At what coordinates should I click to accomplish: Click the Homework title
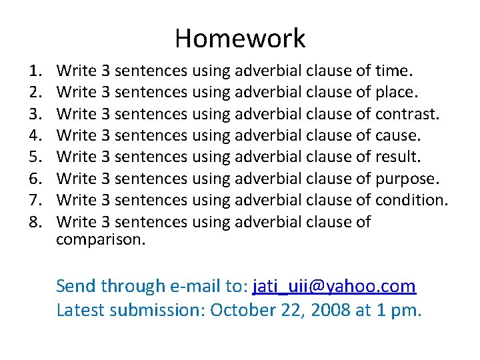[x=240, y=39]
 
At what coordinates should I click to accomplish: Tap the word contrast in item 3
[x=407, y=113]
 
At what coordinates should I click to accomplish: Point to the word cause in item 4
[x=398, y=135]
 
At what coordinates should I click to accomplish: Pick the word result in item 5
[x=398, y=157]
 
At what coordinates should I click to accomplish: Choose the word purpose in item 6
[x=407, y=179]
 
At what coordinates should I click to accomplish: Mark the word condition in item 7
[x=411, y=200]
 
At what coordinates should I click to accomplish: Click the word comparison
[x=100, y=239]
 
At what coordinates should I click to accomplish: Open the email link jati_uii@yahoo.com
[x=334, y=287]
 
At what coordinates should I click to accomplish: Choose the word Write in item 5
[x=77, y=157]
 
